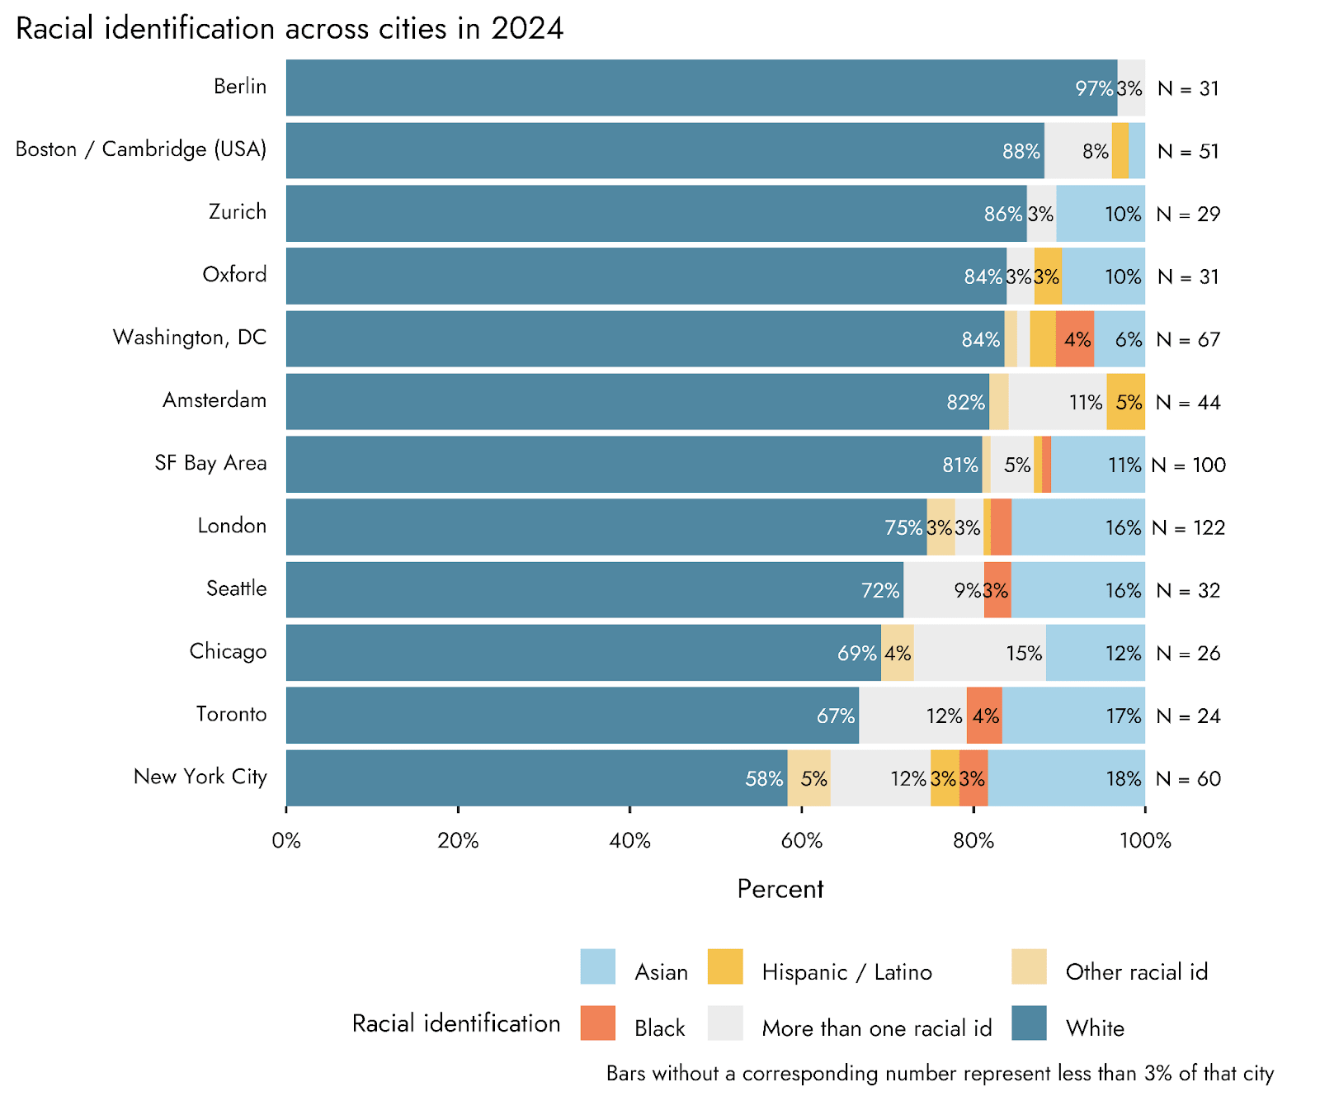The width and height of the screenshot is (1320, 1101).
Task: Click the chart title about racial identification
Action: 290,29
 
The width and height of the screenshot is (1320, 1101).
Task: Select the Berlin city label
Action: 240,87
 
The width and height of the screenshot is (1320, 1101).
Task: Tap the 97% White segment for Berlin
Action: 701,88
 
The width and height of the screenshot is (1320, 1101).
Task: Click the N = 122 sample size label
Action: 1188,528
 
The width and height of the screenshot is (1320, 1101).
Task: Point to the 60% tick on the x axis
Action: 801,840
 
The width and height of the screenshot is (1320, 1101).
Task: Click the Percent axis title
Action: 780,889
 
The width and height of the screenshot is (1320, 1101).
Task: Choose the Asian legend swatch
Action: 597,966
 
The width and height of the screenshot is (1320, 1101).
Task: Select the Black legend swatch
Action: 597,1023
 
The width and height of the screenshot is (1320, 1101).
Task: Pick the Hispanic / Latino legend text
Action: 846,972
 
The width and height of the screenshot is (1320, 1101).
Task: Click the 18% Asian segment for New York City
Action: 1066,778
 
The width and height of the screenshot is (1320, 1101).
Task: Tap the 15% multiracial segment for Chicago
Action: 979,653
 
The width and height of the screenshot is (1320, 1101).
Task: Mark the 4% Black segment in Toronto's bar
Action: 984,716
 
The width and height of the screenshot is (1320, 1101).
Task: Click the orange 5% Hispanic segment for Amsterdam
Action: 1125,402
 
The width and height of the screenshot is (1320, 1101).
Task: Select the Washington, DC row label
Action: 190,338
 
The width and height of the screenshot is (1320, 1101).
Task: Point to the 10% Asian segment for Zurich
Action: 1100,214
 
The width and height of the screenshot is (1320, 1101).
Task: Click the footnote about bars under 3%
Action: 940,1073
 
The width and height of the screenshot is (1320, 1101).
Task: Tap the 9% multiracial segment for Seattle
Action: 943,590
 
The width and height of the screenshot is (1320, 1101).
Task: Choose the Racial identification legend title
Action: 456,1023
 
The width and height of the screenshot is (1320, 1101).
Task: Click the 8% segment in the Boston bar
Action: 1077,151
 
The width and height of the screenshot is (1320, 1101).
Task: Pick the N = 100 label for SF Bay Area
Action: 1188,465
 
